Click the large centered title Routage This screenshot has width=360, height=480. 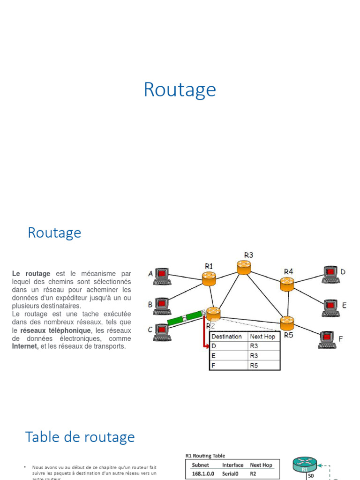click(x=180, y=90)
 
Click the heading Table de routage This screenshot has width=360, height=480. click(x=80, y=437)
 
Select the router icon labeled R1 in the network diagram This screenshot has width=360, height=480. click(x=209, y=278)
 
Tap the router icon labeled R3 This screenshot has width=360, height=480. click(x=244, y=267)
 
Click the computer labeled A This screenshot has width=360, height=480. click(x=162, y=276)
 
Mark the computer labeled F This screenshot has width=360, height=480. click(x=327, y=339)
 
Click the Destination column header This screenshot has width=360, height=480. click(x=226, y=337)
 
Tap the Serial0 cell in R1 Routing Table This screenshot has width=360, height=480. click(x=232, y=474)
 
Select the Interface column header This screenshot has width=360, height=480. click(x=232, y=465)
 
